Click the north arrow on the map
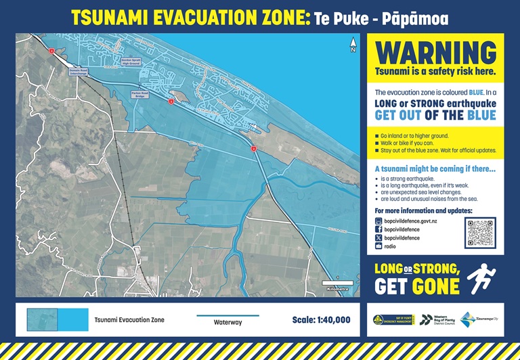(x=353, y=46)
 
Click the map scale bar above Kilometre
(x=337, y=282)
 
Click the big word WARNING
(x=435, y=52)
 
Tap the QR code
(x=480, y=233)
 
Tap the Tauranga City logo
(x=478, y=319)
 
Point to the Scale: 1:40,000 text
(x=321, y=320)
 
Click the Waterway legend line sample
(x=218, y=316)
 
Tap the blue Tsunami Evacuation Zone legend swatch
(x=58, y=319)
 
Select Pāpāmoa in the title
(x=420, y=18)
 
